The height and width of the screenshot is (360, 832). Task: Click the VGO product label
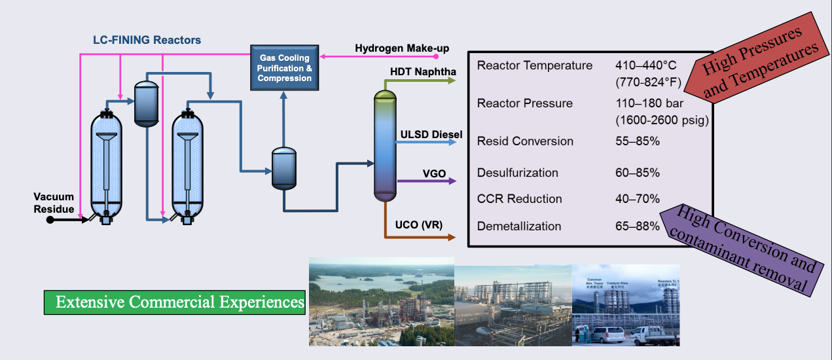434,173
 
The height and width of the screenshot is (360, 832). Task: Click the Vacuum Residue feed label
54,203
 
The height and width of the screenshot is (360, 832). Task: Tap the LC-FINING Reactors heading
146,40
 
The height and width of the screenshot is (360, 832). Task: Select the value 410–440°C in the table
646,65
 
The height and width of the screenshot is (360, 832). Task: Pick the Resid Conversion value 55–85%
638,141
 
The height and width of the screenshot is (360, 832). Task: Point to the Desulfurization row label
518,173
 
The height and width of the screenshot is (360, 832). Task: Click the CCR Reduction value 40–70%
638,199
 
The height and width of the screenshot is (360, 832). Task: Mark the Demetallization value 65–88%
638,226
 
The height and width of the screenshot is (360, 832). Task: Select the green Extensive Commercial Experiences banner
175,302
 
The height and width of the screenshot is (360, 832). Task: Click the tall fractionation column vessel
386,145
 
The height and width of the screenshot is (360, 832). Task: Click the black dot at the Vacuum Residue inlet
50,220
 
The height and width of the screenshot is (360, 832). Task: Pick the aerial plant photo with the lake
381,302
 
